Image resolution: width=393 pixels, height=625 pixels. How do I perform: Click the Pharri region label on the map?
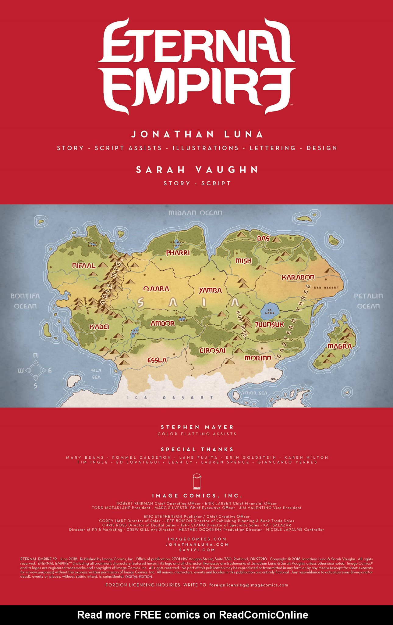(x=178, y=253)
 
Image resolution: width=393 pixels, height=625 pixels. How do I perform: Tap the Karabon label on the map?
(x=298, y=277)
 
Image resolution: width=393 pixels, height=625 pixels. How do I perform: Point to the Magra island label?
(x=340, y=346)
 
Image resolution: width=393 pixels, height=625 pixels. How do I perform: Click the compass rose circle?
(x=36, y=370)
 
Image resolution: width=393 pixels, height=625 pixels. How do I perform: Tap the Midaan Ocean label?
(x=195, y=213)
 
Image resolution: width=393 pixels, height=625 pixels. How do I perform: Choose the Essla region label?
(x=157, y=360)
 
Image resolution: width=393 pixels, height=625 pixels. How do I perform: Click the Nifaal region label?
(x=84, y=266)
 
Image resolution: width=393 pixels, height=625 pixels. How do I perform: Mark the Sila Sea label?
(x=96, y=374)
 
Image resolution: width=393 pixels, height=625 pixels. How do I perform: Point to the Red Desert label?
(x=326, y=287)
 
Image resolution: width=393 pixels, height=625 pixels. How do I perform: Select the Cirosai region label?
(x=213, y=350)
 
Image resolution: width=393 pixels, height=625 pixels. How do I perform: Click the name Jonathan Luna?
(x=197, y=134)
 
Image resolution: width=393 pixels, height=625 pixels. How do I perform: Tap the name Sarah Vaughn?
(x=197, y=170)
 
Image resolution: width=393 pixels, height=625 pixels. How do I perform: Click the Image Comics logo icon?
(x=197, y=481)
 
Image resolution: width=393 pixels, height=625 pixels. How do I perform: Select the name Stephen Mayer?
(x=197, y=427)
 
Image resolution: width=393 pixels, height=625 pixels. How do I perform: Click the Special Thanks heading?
(x=197, y=449)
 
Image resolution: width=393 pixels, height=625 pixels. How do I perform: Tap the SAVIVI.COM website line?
(x=197, y=550)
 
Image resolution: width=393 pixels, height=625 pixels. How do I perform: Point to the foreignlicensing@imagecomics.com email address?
(x=249, y=585)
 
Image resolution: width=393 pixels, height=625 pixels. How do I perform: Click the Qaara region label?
(x=156, y=289)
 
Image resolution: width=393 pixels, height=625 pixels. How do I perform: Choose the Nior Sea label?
(x=256, y=393)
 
